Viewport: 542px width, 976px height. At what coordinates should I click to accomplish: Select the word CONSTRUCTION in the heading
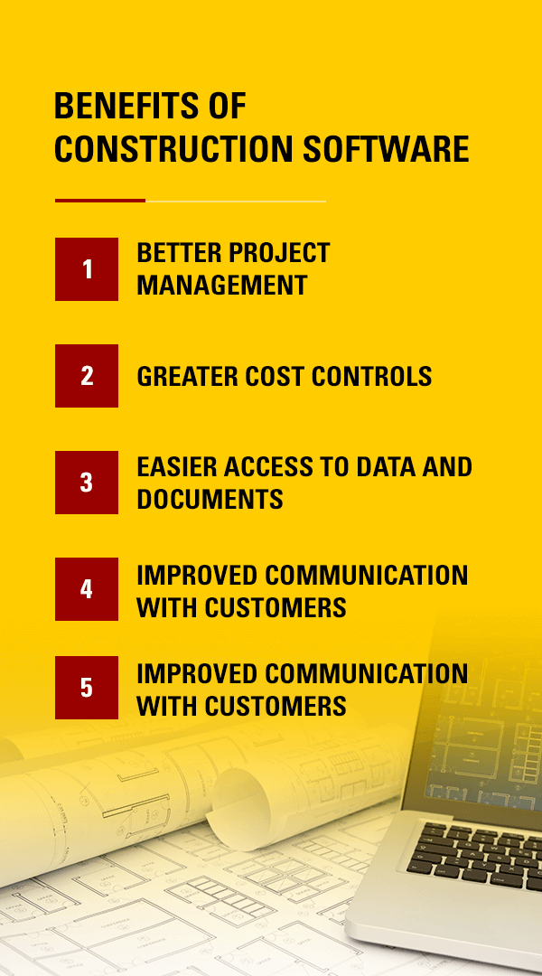[173, 149]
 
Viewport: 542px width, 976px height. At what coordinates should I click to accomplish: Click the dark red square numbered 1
[87, 269]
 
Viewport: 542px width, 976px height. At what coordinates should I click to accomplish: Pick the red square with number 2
[87, 376]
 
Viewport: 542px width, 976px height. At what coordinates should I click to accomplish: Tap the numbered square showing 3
[87, 483]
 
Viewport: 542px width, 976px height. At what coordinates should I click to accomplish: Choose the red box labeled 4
[87, 589]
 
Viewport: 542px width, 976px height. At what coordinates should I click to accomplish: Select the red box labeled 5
[87, 688]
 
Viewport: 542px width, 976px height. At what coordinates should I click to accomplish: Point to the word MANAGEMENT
[222, 285]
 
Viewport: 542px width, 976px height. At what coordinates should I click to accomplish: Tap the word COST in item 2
[275, 377]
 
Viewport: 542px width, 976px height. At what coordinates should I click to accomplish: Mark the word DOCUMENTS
[210, 499]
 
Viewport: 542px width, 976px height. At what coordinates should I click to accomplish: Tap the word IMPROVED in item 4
[197, 575]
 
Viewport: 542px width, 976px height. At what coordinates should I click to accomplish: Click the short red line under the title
[100, 201]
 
